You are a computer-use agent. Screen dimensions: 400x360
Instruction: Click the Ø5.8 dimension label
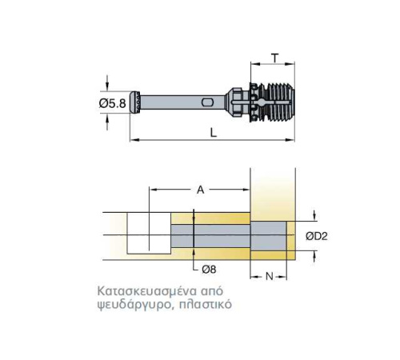[112, 103]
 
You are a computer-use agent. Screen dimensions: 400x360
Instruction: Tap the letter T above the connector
[274, 58]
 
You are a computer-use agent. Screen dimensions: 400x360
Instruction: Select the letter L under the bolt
[214, 132]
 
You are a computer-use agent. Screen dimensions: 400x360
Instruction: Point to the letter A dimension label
[200, 190]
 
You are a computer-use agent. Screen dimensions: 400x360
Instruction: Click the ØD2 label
[317, 236]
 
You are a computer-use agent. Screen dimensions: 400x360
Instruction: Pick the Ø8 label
[209, 270]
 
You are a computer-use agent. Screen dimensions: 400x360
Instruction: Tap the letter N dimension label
[270, 277]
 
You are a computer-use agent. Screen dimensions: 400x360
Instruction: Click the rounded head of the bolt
[135, 102]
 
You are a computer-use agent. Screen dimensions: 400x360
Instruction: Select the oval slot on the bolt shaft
[207, 102]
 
